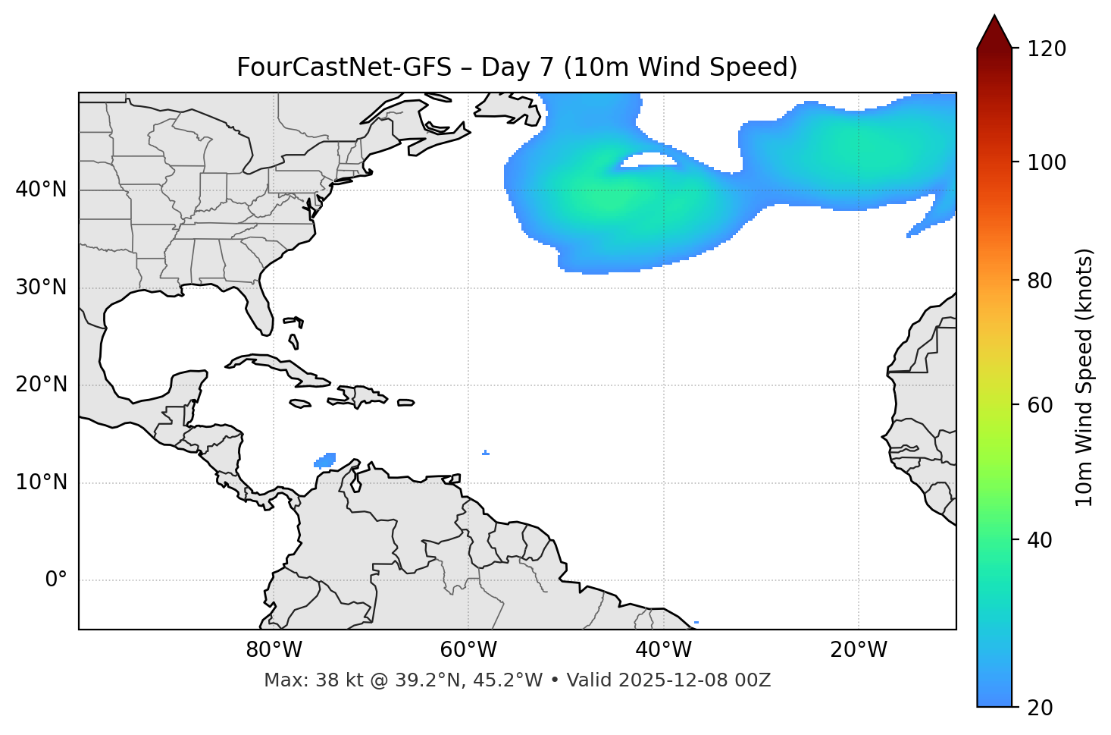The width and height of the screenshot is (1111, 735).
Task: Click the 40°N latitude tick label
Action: [41, 190]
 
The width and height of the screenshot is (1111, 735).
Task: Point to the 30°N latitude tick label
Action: [41, 287]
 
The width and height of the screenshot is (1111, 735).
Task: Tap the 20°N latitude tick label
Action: [41, 385]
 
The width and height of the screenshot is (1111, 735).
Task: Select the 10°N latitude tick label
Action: [41, 482]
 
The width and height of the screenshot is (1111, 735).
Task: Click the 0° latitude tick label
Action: [56, 580]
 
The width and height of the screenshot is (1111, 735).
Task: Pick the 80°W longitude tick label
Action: [274, 650]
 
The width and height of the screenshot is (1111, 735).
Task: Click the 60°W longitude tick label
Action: [468, 650]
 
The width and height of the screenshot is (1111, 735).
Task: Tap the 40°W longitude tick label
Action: [663, 650]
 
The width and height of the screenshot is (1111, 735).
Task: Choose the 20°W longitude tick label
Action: [859, 650]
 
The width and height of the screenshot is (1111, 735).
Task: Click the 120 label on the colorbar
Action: [1047, 49]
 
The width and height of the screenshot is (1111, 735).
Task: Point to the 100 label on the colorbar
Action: [1047, 162]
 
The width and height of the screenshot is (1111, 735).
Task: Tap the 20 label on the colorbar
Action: [1041, 708]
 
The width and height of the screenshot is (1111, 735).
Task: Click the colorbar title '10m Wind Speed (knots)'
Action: [1084, 377]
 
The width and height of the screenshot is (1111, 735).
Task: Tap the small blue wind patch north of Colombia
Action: [325, 460]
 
